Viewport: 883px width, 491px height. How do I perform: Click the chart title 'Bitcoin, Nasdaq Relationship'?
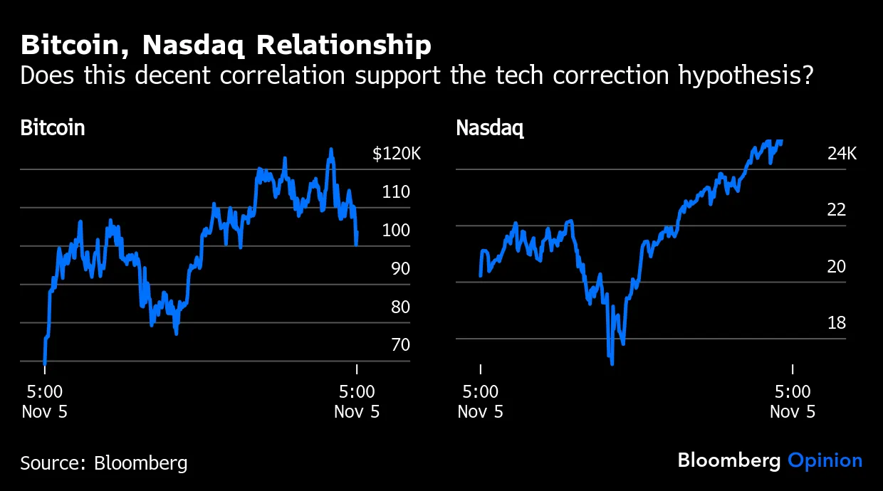pyautogui.click(x=226, y=46)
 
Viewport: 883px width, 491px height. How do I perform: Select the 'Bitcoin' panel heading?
pyautogui.click(x=53, y=128)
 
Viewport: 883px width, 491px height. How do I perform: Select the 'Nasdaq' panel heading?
pyautogui.click(x=489, y=128)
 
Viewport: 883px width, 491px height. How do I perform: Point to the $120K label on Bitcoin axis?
pyautogui.click(x=397, y=154)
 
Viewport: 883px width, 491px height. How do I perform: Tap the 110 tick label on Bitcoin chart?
pyautogui.click(x=396, y=192)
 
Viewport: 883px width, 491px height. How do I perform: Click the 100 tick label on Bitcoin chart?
pyautogui.click(x=396, y=231)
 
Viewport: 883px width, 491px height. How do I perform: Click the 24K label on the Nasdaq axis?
pyautogui.click(x=842, y=154)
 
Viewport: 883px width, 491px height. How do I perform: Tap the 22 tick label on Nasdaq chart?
pyautogui.click(x=837, y=211)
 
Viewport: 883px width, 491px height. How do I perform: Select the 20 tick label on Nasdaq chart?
pyautogui.click(x=837, y=267)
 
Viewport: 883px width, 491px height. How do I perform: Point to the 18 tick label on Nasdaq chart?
pyautogui.click(x=837, y=323)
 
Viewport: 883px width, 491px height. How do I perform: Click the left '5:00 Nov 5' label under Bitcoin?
pyautogui.click(x=44, y=401)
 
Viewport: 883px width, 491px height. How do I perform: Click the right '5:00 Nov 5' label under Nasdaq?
pyautogui.click(x=793, y=401)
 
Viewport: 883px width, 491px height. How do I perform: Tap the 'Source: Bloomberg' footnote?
pyautogui.click(x=104, y=463)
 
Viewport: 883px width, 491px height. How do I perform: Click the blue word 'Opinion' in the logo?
pyautogui.click(x=825, y=460)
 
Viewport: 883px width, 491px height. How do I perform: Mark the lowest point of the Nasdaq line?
pyautogui.click(x=612, y=363)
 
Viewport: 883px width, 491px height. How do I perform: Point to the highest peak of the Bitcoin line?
pyautogui.click(x=330, y=150)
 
